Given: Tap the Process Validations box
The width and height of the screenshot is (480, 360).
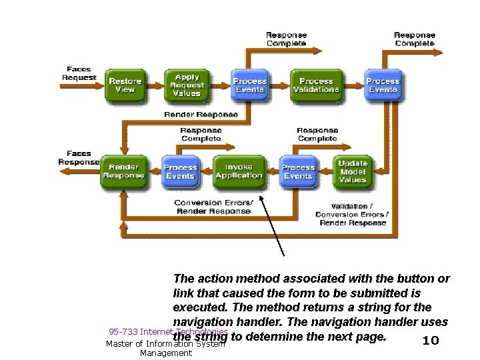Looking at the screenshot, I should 315,85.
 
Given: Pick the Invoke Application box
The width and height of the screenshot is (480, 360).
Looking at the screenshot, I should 239,171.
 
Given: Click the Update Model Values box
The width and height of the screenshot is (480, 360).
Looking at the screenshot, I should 352,171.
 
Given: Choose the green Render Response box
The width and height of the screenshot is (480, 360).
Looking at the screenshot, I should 123,171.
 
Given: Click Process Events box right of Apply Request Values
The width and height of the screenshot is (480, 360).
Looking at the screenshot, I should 249,85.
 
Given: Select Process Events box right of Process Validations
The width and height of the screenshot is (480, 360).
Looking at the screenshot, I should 383,85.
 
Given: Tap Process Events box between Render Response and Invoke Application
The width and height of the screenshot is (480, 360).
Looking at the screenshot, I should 180,171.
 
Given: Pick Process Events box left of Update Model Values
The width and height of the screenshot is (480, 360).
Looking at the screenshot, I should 298,171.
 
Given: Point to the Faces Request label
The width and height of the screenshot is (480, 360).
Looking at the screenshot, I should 79,73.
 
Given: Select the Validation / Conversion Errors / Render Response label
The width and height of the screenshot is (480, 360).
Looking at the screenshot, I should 353,215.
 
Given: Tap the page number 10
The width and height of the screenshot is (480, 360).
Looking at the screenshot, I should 431,341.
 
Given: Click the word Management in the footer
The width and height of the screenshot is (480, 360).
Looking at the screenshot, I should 165,353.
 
